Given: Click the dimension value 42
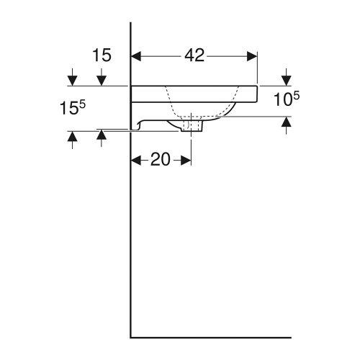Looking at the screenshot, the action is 194,55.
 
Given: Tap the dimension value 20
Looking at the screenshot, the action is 161,160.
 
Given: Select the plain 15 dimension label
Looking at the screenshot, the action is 103,55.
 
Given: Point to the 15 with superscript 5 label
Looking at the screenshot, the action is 72,108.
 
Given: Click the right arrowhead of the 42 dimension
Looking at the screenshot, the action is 251,55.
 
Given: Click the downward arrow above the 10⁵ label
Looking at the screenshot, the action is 287,77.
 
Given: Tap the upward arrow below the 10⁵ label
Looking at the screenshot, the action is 287,124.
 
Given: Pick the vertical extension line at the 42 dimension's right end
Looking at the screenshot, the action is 257,68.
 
